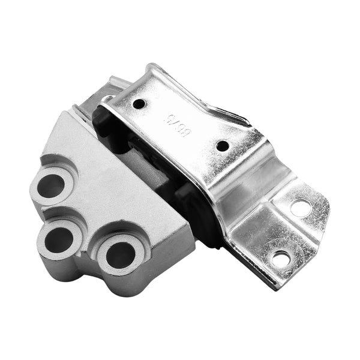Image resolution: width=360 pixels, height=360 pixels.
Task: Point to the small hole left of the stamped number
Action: pyautogui.click(x=140, y=103)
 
